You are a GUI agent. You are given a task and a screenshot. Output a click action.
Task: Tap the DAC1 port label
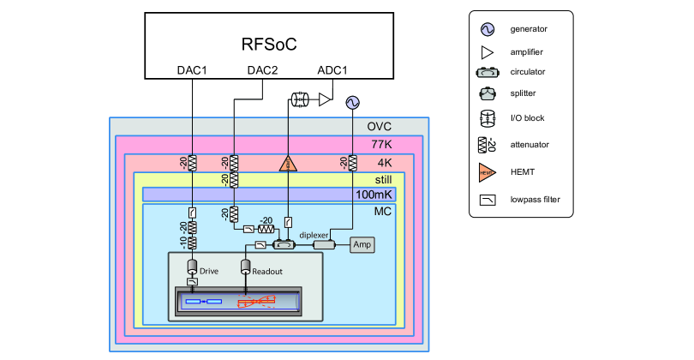click(193, 69)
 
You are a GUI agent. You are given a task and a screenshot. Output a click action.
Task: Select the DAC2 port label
click(262, 69)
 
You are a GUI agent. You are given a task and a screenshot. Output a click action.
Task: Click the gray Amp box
click(361, 245)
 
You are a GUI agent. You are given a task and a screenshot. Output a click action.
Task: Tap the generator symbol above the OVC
click(352, 102)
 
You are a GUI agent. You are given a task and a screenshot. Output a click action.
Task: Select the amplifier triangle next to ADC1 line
click(325, 100)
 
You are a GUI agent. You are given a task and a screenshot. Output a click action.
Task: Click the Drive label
click(210, 271)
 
